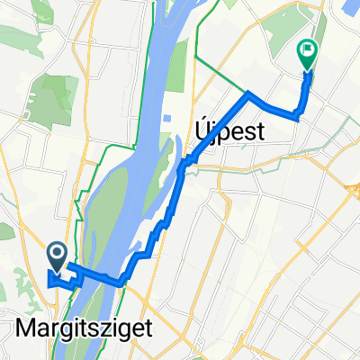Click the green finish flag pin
pos(307,57)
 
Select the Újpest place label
pos(229,132)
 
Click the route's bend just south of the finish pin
pos(298,113)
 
